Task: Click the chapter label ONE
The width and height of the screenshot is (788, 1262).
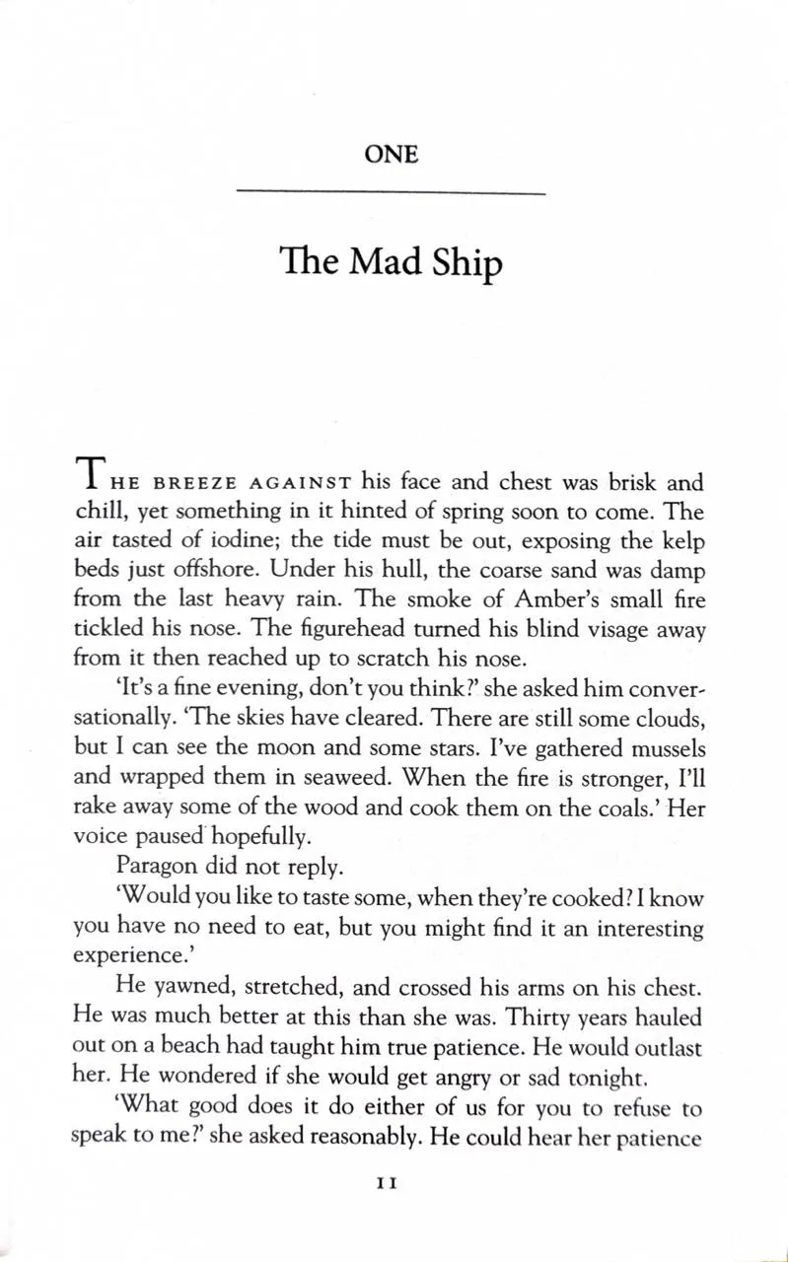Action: [392, 155]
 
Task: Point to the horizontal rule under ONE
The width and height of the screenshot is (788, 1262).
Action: [392, 192]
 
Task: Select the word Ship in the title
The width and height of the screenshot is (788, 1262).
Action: [466, 265]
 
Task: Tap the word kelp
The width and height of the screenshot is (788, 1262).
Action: [680, 541]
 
